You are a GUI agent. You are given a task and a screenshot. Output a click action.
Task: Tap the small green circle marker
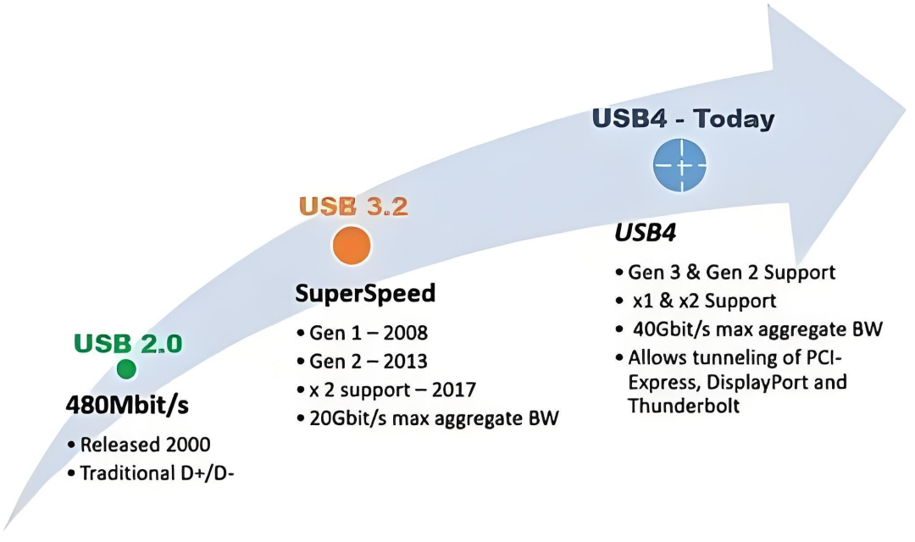[126, 368]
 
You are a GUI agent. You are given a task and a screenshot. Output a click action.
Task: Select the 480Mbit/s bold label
[127, 406]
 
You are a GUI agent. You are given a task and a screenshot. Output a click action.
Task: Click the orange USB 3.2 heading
[353, 207]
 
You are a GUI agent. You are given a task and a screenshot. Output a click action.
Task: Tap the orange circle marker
[352, 244]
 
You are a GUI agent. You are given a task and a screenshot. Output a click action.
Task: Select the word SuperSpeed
[365, 293]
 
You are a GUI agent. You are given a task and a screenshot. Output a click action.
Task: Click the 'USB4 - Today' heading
[683, 119]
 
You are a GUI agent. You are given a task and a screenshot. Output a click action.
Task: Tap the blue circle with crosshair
[680, 163]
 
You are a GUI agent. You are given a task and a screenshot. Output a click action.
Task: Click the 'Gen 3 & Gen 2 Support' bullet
[731, 273]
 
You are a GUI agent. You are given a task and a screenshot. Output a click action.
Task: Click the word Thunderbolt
[684, 406]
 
